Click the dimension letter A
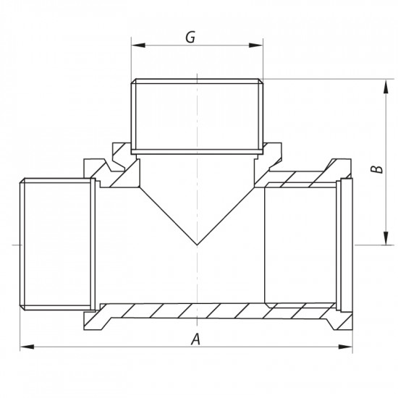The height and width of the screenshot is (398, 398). tap(194, 338)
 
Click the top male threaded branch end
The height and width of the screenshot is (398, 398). tap(196, 116)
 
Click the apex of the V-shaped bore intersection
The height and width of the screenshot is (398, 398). tap(196, 244)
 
